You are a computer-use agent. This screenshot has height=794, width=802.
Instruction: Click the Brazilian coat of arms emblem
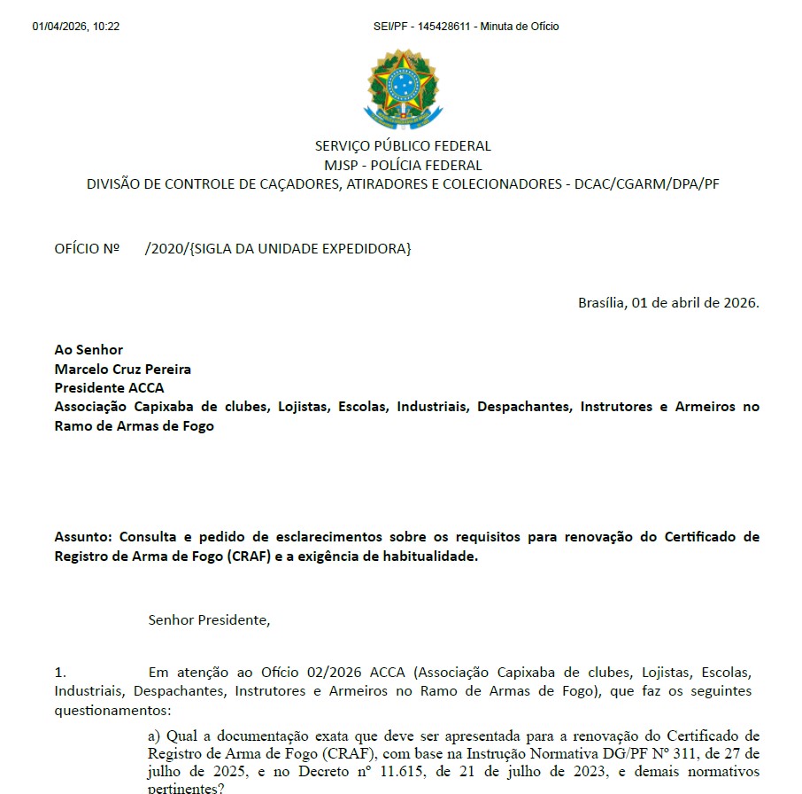(402, 89)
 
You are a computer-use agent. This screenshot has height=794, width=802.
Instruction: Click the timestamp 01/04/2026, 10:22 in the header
(76, 27)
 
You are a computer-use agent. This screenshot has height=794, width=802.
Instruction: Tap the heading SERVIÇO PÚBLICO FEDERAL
(403, 146)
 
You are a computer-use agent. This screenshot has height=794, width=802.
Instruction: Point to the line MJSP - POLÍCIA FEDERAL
(403, 165)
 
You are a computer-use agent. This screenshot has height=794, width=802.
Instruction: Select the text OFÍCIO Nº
(87, 249)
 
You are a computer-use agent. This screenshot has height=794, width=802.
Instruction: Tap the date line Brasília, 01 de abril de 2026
(668, 302)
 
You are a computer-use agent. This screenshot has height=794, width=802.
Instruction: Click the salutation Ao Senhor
(89, 350)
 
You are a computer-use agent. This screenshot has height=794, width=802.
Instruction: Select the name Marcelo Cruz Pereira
(122, 369)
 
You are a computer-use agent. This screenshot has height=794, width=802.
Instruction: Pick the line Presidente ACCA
(109, 387)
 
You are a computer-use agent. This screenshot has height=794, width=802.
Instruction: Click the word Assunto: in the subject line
(84, 537)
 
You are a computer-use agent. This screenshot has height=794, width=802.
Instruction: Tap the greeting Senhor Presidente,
(209, 620)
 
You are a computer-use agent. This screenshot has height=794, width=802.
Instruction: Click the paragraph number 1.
(60, 673)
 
